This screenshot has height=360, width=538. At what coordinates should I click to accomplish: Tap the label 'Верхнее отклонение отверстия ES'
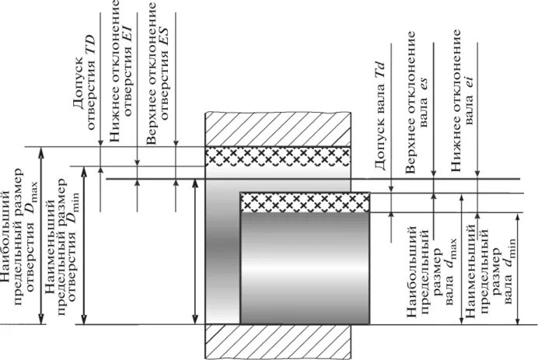pyautogui.click(x=159, y=75)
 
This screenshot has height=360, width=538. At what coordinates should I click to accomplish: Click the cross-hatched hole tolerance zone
pyautogui.click(x=277, y=156)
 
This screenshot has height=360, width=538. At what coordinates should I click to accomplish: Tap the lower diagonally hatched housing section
pyautogui.click(x=277, y=342)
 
